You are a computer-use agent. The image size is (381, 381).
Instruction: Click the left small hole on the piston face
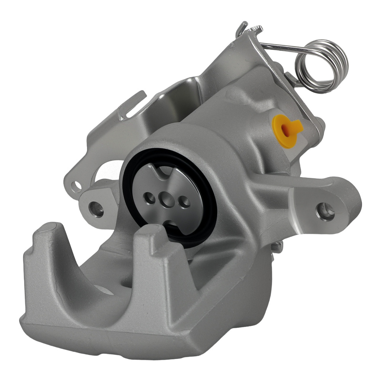[x=149, y=197]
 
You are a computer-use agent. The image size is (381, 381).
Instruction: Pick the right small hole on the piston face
[x=184, y=202]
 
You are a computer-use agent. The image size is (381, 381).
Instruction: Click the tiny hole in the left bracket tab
[x=78, y=185]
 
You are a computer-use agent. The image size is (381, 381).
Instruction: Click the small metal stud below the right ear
[x=277, y=247]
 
